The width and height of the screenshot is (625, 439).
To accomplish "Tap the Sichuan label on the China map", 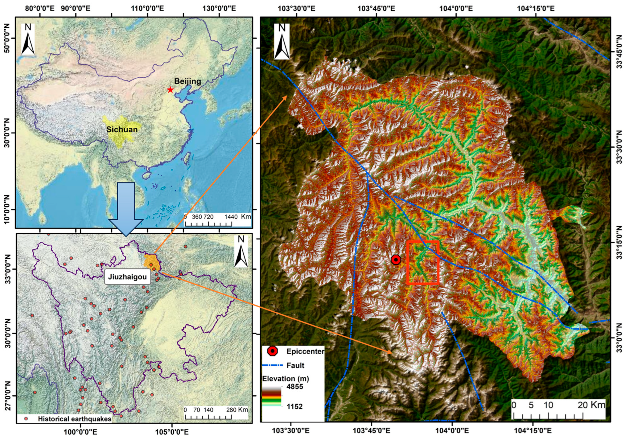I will click(x=122, y=129).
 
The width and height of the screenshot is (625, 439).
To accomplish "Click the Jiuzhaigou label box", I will click(x=127, y=277).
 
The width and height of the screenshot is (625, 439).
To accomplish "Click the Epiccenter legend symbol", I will click(x=272, y=351).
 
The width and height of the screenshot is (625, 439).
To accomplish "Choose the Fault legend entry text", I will click(x=295, y=365).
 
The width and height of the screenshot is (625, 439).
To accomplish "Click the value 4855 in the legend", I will click(x=295, y=387).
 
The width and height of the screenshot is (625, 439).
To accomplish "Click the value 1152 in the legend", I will click(x=294, y=414).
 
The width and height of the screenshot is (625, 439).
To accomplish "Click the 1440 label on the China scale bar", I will click(x=231, y=217).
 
